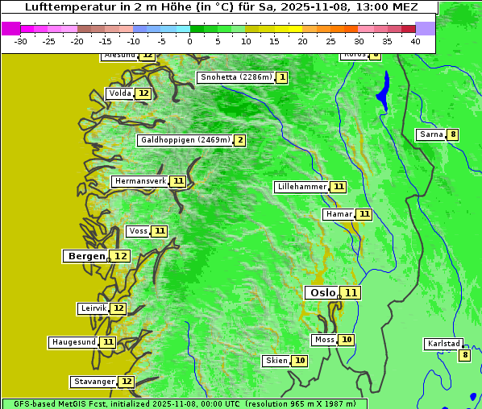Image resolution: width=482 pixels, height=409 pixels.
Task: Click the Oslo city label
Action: (322, 293)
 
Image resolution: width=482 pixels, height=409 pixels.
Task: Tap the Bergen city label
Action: (86, 256)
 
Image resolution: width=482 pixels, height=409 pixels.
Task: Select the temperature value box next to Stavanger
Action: (126, 382)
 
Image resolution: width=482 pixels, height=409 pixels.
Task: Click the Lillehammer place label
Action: (301, 187)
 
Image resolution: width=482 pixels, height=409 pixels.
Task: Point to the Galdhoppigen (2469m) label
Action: (185, 140)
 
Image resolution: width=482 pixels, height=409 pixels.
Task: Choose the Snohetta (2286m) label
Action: (235, 77)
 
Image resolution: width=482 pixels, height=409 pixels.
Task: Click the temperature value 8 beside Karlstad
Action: (463, 355)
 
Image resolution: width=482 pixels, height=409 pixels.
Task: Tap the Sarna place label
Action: (430, 134)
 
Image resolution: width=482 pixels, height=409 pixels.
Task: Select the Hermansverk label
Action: (139, 181)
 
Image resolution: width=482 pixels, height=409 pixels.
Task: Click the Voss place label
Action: (138, 231)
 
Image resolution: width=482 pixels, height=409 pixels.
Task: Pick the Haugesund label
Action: (74, 342)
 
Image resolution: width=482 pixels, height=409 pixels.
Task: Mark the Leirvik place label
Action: (93, 308)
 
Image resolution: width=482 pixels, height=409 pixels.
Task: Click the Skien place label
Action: (276, 361)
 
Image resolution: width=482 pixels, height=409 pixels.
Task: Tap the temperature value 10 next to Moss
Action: (346, 340)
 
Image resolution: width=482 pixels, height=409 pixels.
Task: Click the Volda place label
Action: (119, 93)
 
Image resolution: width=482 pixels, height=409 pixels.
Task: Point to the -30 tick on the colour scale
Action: (21, 41)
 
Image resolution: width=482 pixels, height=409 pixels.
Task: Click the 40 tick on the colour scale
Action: (415, 41)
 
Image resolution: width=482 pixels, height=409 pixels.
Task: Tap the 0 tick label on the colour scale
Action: (190, 41)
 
